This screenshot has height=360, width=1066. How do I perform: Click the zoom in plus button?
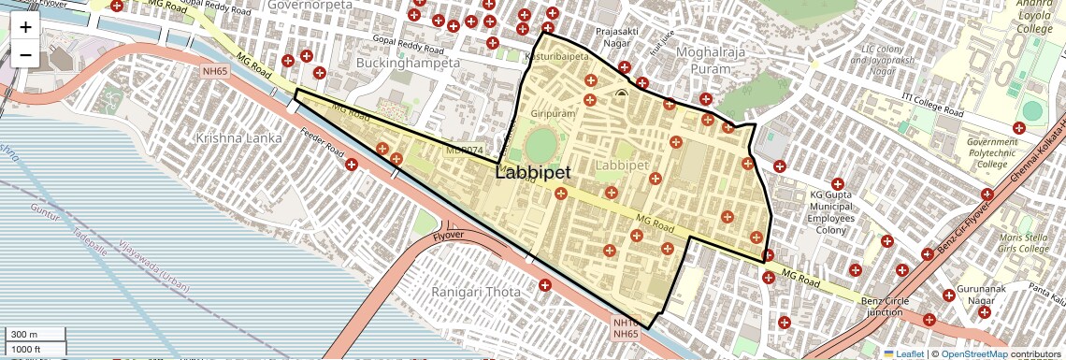tap(25, 26)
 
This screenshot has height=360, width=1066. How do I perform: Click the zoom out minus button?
tap(25, 54)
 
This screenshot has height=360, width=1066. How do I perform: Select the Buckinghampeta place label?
tap(408, 63)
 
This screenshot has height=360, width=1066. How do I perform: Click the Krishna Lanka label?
tap(238, 137)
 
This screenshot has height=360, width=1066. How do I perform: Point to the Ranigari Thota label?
tap(475, 292)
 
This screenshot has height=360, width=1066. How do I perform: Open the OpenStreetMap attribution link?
tap(973, 353)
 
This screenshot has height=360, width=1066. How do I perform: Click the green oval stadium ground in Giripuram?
tap(540, 145)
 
